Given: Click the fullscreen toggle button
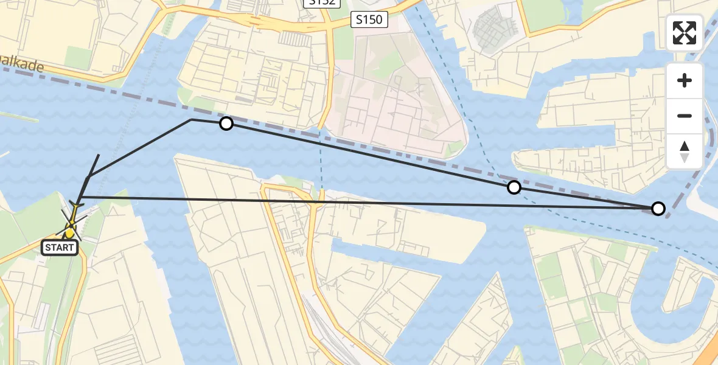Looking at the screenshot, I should [x=685, y=33].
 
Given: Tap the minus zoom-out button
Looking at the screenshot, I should [x=685, y=116].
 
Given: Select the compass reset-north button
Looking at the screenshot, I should [x=685, y=151].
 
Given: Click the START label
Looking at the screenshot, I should [x=60, y=248].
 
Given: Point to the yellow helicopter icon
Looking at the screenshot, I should [x=72, y=221].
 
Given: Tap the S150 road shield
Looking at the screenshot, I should [x=369, y=20].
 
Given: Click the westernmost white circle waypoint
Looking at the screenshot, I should [x=226, y=124].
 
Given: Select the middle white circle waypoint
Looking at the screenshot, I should [x=514, y=187].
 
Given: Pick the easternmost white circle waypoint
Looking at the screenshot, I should [x=658, y=209].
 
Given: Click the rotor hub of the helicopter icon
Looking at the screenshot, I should [x=71, y=226].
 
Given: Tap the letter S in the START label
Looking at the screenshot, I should [x=48, y=248].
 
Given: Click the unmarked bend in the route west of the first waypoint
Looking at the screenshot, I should [x=191, y=119].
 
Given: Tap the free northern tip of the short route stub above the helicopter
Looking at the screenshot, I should [x=99, y=155].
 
